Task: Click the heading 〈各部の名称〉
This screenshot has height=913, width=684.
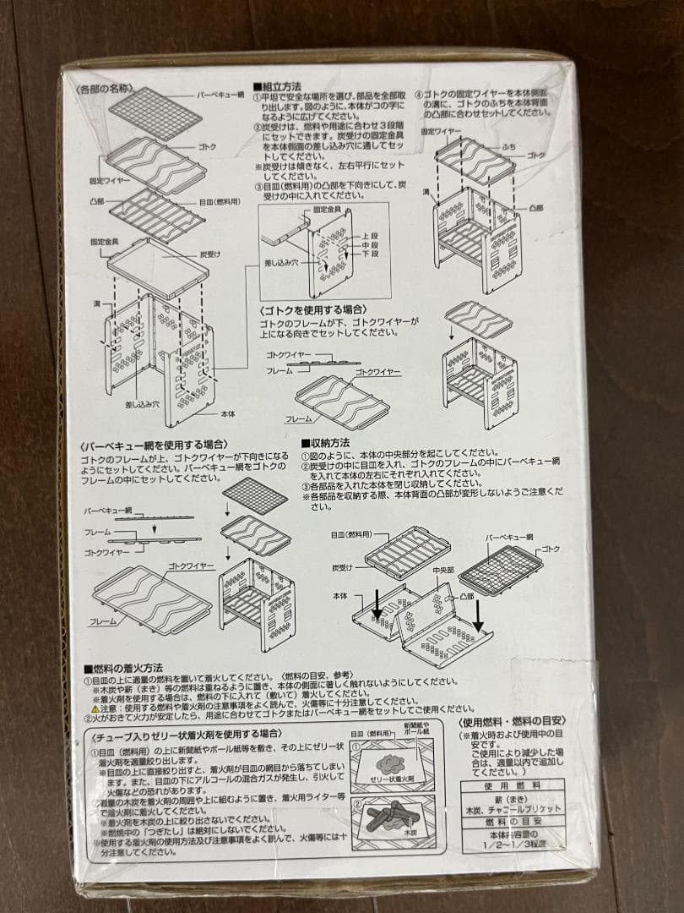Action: pyautogui.click(x=103, y=88)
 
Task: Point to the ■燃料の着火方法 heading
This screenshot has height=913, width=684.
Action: pyautogui.click(x=123, y=668)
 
